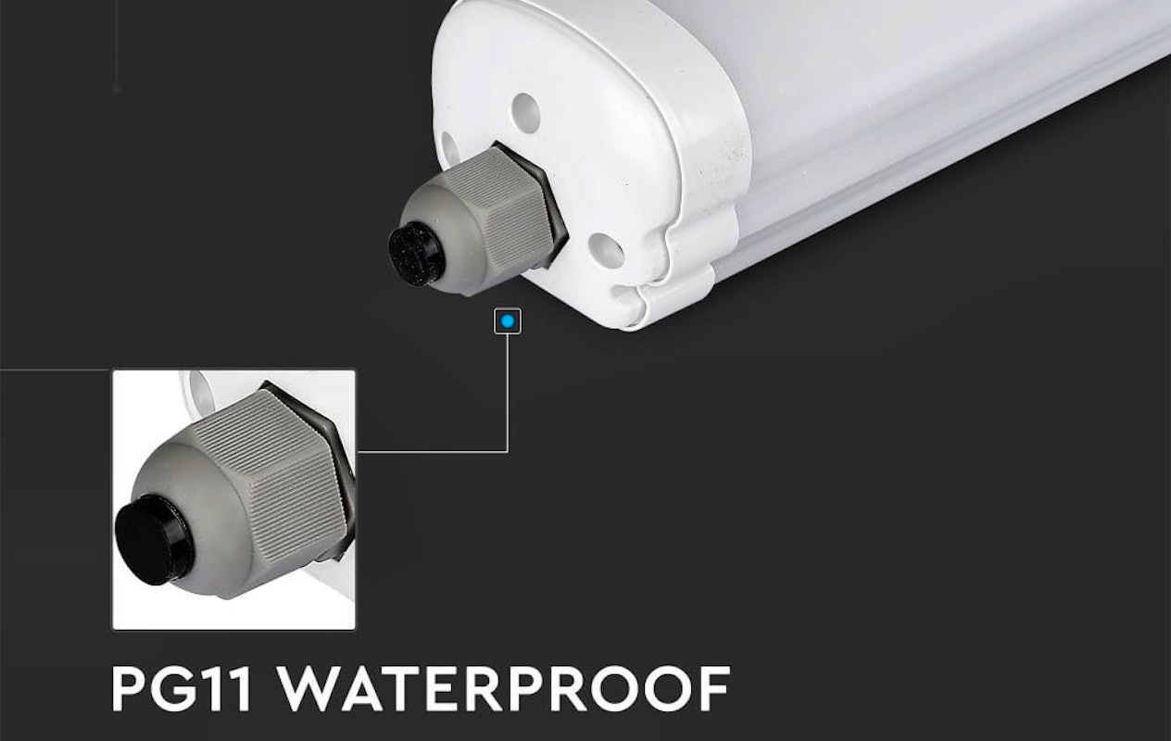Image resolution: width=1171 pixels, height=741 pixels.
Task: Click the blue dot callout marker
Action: pyautogui.click(x=507, y=321)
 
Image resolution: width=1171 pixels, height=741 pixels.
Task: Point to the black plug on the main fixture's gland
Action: pyautogui.click(x=417, y=254)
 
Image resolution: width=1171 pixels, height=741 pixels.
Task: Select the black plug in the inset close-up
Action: pyautogui.click(x=154, y=540)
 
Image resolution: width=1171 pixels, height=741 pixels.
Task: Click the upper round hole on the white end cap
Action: pyautogui.click(x=525, y=113)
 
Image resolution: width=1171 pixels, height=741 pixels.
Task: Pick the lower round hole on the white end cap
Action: pyautogui.click(x=606, y=250)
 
